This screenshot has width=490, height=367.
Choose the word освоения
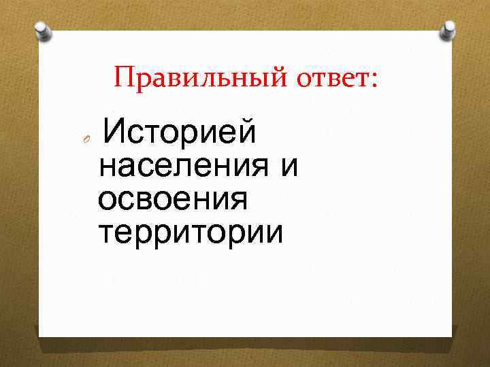173,200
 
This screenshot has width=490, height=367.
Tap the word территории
190,233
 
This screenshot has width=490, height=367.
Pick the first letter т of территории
106,233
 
